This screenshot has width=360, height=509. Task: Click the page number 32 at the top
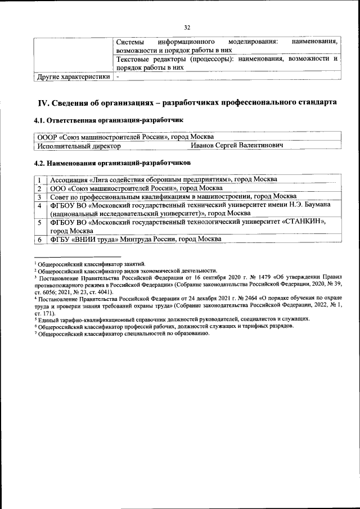point(187,26)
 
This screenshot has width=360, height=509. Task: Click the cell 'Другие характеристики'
point(73,77)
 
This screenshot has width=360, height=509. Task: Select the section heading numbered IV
point(187,102)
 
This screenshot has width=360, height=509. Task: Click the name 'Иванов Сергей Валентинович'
point(236,146)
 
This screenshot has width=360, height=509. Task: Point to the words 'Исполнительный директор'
point(79,146)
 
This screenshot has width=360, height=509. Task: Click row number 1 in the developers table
point(39,179)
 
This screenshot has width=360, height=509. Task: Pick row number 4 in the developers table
point(39,206)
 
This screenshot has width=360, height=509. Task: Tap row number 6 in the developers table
point(39,240)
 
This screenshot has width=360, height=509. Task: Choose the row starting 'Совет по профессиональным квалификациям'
point(174,197)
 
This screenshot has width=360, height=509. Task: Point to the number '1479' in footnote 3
point(250,277)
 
